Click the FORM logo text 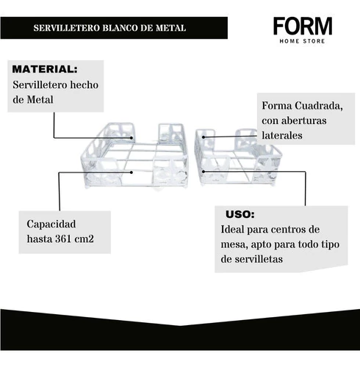303,26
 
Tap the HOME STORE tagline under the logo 302,41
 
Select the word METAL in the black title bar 170,28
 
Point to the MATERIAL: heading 45,69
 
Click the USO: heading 240,214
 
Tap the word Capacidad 51,224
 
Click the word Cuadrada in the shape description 319,106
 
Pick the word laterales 282,135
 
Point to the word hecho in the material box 84,85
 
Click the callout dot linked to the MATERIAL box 132,138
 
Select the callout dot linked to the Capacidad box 132,172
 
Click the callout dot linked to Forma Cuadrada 204,137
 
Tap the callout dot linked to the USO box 204,172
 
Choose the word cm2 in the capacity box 84,239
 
